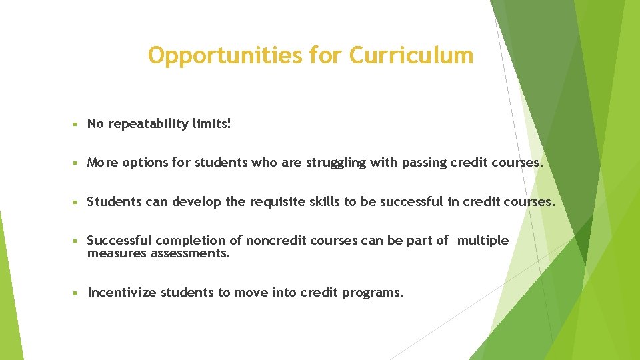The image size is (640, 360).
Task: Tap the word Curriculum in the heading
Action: tap(411, 55)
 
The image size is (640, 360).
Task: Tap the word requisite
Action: tap(279, 202)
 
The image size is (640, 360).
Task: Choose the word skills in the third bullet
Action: tap(324, 201)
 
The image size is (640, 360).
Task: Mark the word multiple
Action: tap(483, 241)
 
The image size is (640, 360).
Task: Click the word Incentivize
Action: tap(122, 293)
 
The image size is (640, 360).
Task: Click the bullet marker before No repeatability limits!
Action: tap(77, 124)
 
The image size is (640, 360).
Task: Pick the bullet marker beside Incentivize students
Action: tap(77, 293)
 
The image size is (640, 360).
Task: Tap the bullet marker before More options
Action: tap(77, 163)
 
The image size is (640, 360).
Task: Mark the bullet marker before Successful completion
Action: tap(77, 241)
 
